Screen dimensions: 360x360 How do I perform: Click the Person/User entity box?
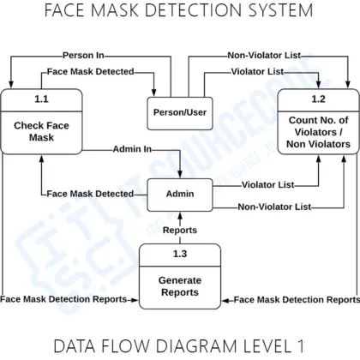(x=179, y=112)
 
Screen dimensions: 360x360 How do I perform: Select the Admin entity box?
(x=180, y=194)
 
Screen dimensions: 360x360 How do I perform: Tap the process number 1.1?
(x=41, y=99)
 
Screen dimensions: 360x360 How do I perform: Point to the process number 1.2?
(x=319, y=99)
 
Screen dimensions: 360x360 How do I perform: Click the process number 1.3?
(x=179, y=255)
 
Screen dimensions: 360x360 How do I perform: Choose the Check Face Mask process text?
(x=41, y=132)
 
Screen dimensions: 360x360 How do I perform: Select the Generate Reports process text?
(x=179, y=286)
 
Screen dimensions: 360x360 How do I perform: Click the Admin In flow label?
(x=131, y=149)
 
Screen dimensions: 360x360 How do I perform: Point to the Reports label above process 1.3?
(x=180, y=230)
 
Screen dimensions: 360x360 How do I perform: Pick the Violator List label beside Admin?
(x=267, y=184)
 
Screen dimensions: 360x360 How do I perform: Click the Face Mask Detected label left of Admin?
(x=90, y=194)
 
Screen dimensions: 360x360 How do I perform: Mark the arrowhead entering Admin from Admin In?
(x=180, y=174)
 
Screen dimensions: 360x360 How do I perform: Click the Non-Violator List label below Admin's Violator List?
(x=274, y=206)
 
